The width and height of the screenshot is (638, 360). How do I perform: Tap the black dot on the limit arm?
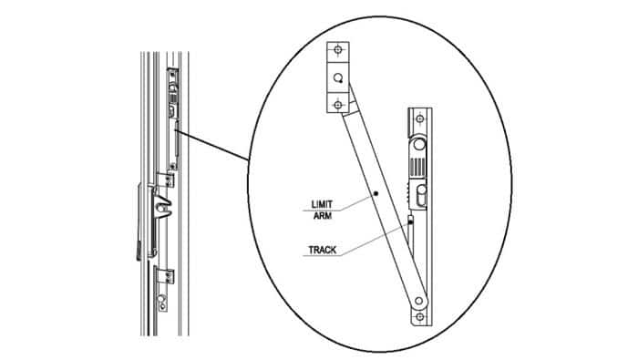pos(375,195)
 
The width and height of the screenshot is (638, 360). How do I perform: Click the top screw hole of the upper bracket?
pos(338,50)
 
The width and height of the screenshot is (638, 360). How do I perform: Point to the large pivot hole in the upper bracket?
pos(338,78)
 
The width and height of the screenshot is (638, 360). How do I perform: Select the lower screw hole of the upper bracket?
pos(338,106)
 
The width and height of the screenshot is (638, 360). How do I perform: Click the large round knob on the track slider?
pos(419,145)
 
